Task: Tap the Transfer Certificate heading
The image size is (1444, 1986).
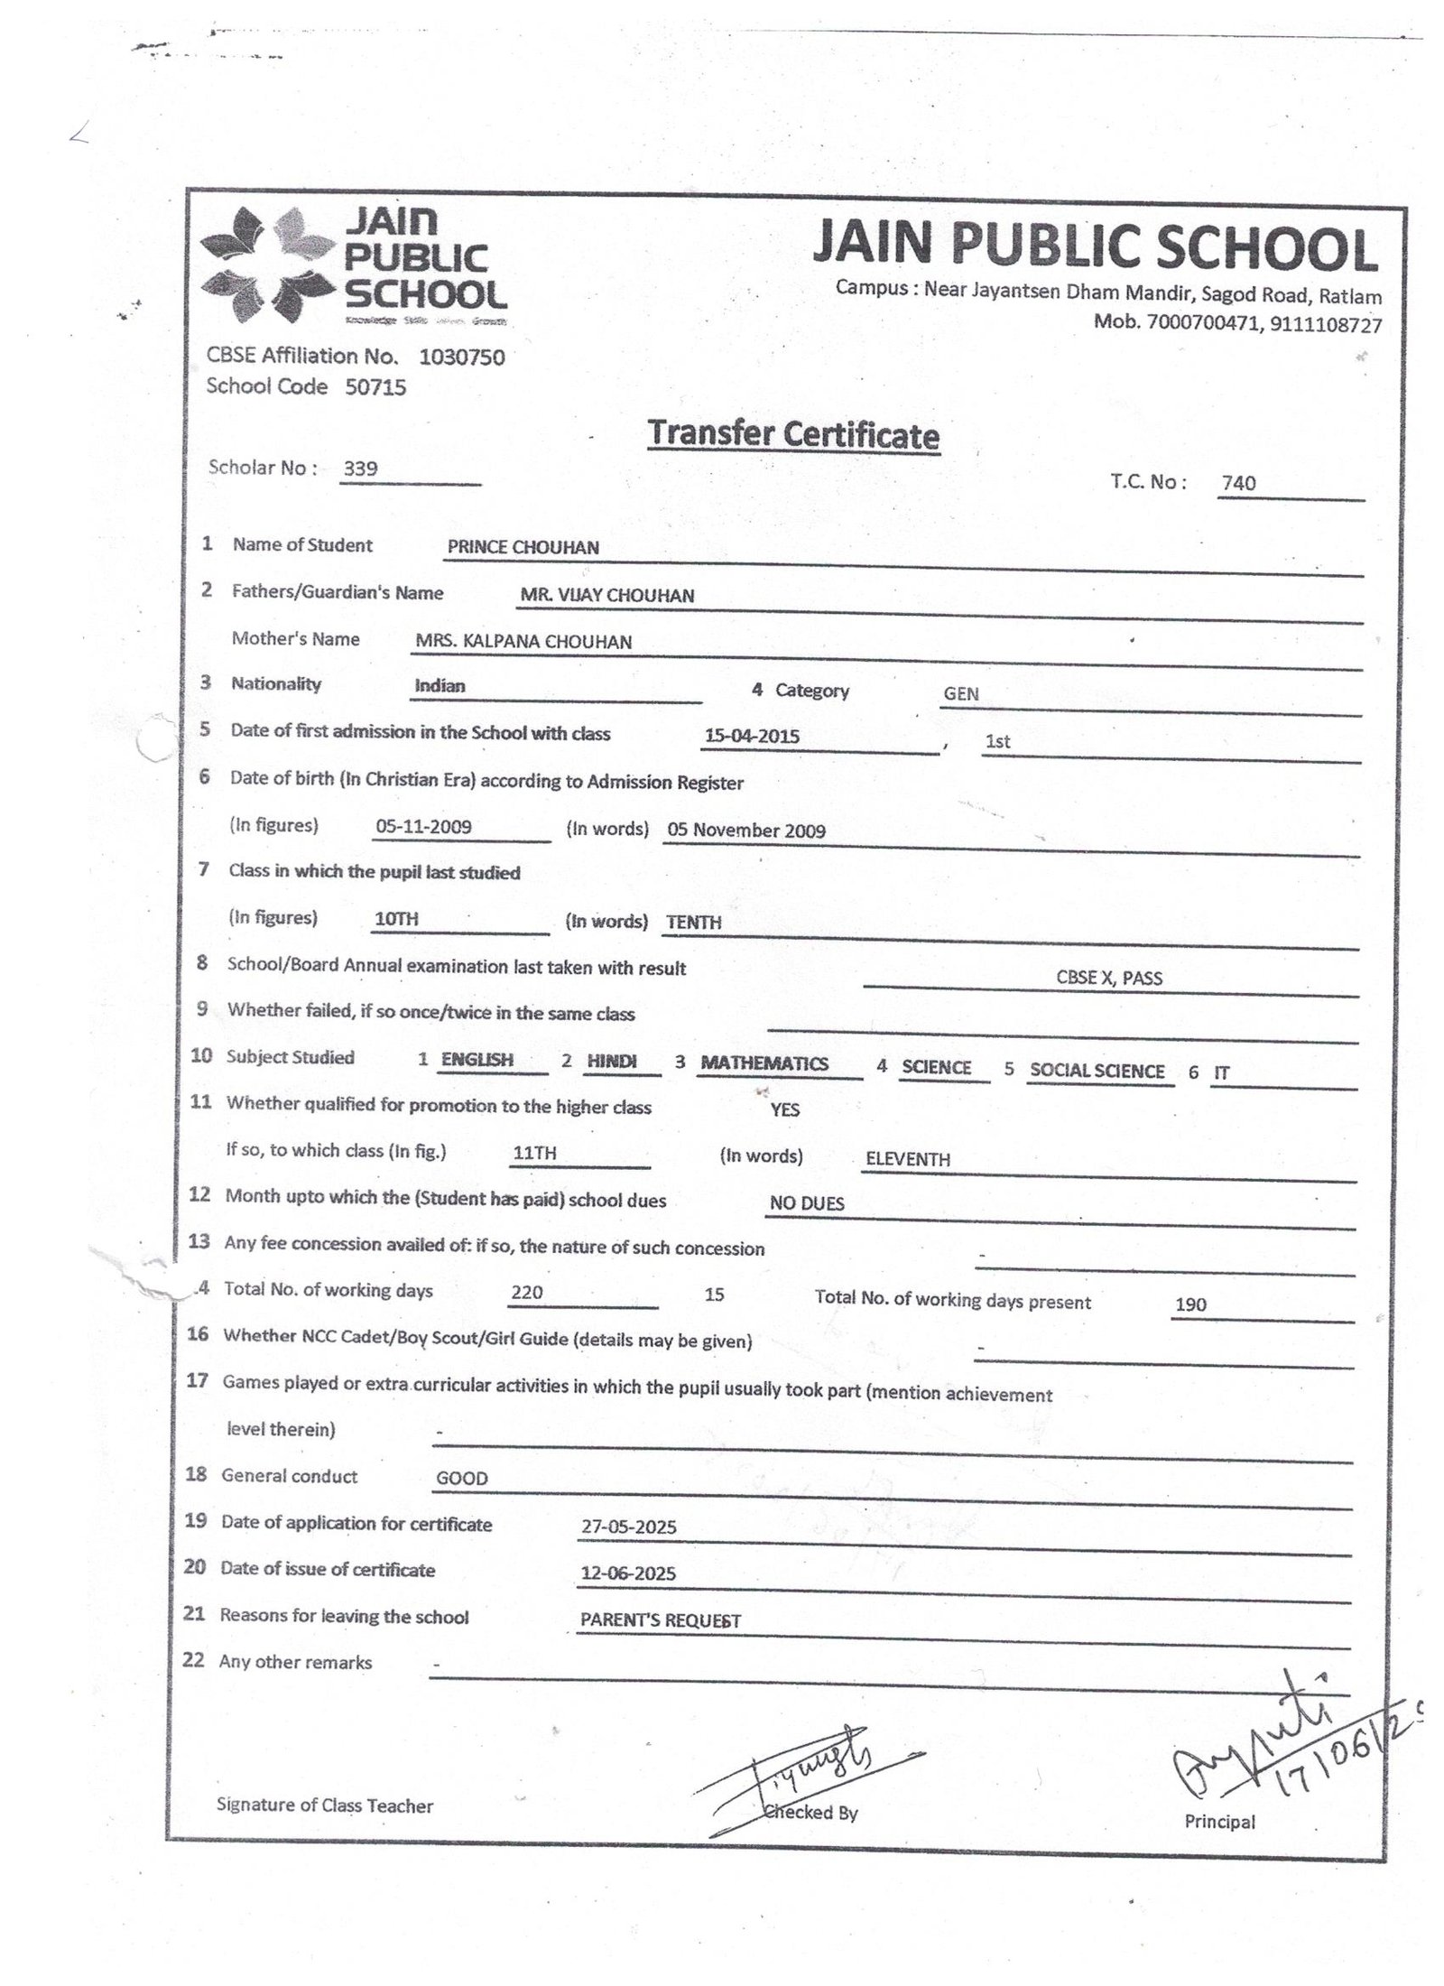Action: [x=793, y=435]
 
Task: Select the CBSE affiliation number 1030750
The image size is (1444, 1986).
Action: [x=461, y=357]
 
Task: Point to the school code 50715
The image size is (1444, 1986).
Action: [x=375, y=387]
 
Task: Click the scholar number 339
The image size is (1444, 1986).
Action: [x=361, y=469]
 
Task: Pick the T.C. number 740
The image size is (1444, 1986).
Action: [x=1238, y=483]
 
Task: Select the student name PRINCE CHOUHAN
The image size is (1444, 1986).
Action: [x=523, y=547]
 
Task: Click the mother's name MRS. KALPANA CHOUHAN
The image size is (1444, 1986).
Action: [x=523, y=642]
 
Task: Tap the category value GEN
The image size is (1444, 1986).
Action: [x=960, y=694]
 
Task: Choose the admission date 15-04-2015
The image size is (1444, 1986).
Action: [x=752, y=736]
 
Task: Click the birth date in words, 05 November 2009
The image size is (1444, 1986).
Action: [x=745, y=831]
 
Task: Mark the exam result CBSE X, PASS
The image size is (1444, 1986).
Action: [x=1109, y=978]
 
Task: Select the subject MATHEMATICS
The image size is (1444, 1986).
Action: [x=764, y=1063]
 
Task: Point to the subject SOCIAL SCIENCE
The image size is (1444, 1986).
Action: [x=1097, y=1071]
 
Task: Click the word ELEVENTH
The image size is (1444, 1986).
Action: [x=907, y=1159]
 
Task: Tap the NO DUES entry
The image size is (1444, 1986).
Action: [x=807, y=1203]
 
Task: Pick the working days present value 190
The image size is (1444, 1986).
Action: [x=1190, y=1304]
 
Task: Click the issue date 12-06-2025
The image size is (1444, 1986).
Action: [x=629, y=1573]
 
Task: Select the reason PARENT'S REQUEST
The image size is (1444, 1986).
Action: [x=660, y=1620]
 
